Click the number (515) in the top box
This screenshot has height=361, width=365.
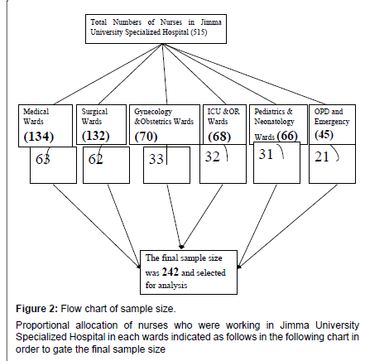click(x=199, y=32)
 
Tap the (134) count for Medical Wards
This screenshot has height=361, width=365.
click(x=39, y=137)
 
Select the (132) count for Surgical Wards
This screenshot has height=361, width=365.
click(x=96, y=135)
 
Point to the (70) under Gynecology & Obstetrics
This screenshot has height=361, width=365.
click(x=146, y=137)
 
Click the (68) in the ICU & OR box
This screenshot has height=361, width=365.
click(x=219, y=137)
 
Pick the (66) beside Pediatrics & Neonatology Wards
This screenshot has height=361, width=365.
click(x=287, y=136)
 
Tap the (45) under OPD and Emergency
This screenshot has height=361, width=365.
click(x=324, y=134)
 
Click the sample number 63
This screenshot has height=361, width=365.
click(x=43, y=159)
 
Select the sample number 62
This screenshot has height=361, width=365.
click(x=95, y=159)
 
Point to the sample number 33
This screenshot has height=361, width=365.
click(x=156, y=159)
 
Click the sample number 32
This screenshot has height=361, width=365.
click(x=213, y=156)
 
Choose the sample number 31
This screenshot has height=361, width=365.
click(x=266, y=154)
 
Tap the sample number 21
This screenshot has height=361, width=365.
click(x=322, y=156)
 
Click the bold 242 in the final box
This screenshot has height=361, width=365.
click(x=170, y=272)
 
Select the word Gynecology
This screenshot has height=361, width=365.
click(x=153, y=112)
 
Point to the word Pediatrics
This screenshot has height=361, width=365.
click(x=270, y=112)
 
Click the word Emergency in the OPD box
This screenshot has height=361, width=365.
click(x=332, y=122)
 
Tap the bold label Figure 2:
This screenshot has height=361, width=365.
click(x=37, y=309)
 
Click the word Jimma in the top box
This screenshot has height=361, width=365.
click(x=211, y=22)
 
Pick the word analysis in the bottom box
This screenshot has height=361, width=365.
click(x=174, y=286)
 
